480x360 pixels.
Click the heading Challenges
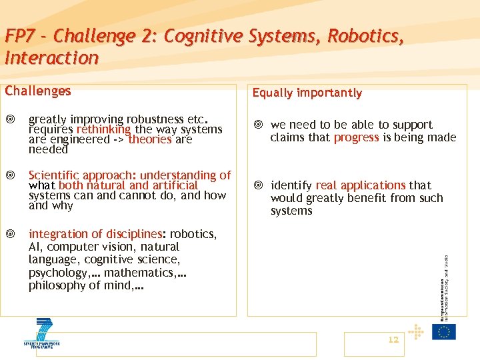[x=38, y=91]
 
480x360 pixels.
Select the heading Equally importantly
[x=307, y=93]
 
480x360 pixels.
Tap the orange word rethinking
[x=104, y=129]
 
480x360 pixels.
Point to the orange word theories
[x=150, y=139]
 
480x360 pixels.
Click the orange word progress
[x=357, y=137]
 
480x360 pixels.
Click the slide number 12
[x=393, y=339]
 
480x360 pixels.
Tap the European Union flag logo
[x=443, y=331]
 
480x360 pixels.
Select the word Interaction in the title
[x=51, y=58]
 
